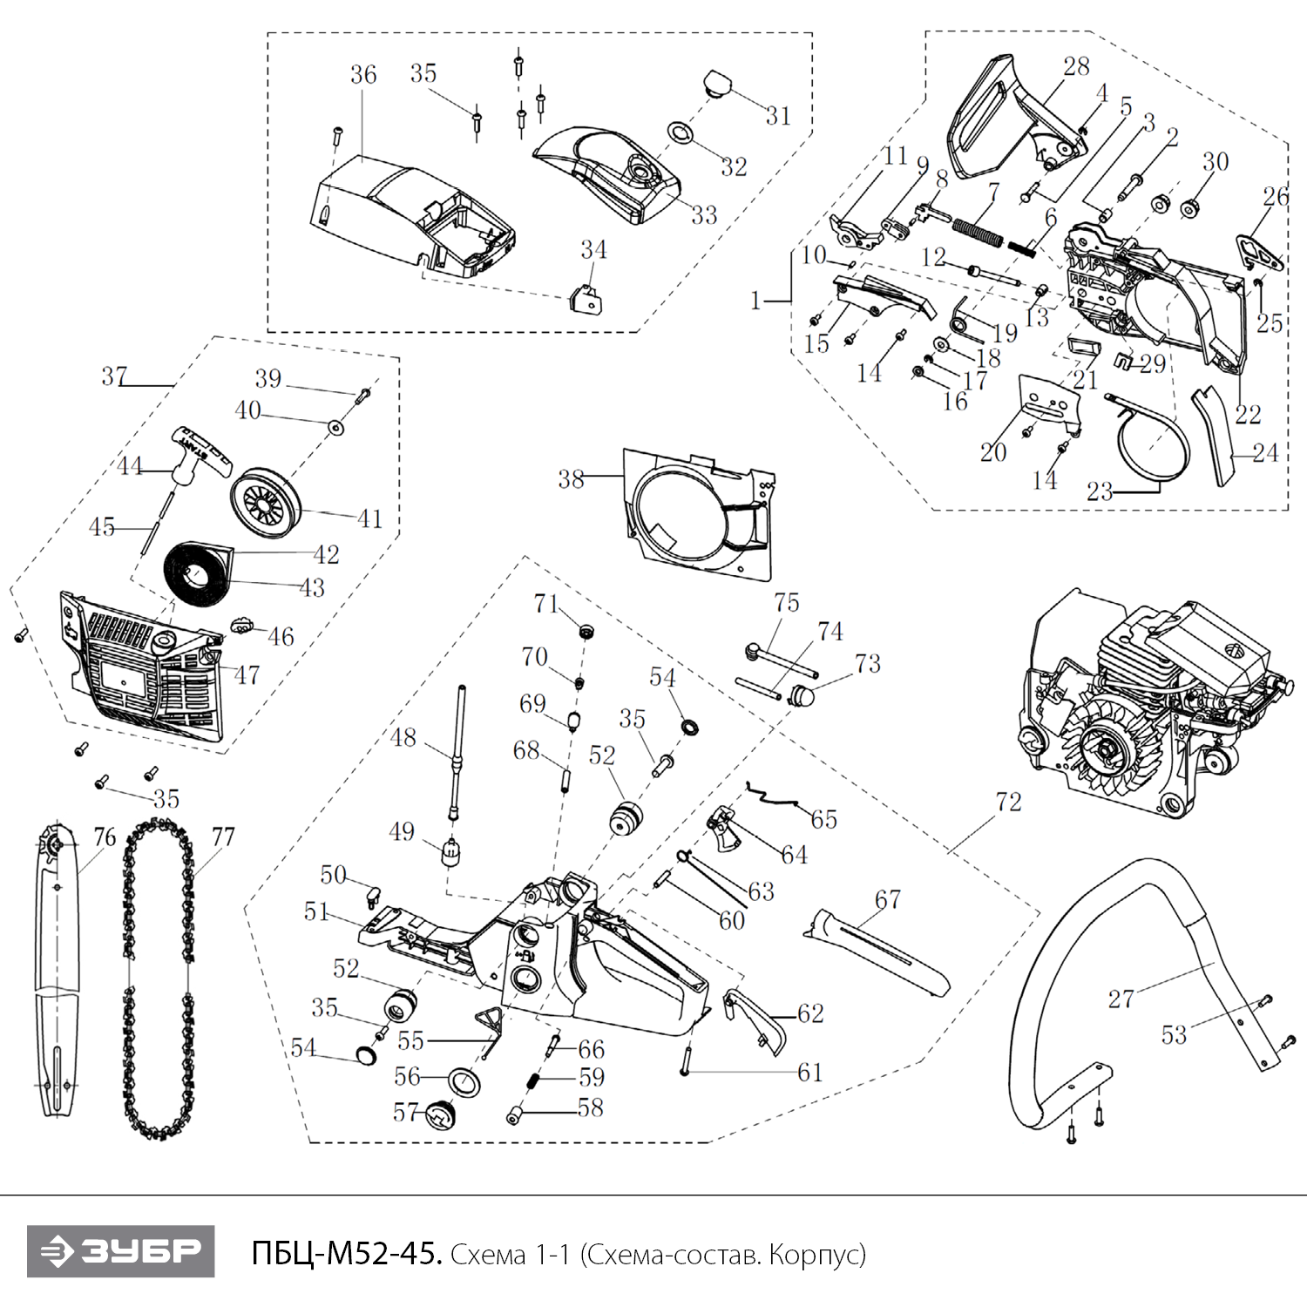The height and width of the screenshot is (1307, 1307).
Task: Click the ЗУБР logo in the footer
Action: click(x=120, y=1251)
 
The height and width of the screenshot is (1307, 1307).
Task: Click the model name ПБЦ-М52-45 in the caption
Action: click(x=346, y=1253)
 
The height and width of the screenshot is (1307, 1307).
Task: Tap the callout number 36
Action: click(x=363, y=75)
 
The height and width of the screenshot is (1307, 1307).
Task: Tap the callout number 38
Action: click(x=571, y=478)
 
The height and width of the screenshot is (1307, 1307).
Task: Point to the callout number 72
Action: click(x=1008, y=802)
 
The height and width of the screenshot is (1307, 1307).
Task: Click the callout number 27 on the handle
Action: click(x=1121, y=999)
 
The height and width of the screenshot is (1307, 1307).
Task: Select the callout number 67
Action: click(x=887, y=899)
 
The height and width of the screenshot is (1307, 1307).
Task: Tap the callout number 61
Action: click(x=809, y=1072)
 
